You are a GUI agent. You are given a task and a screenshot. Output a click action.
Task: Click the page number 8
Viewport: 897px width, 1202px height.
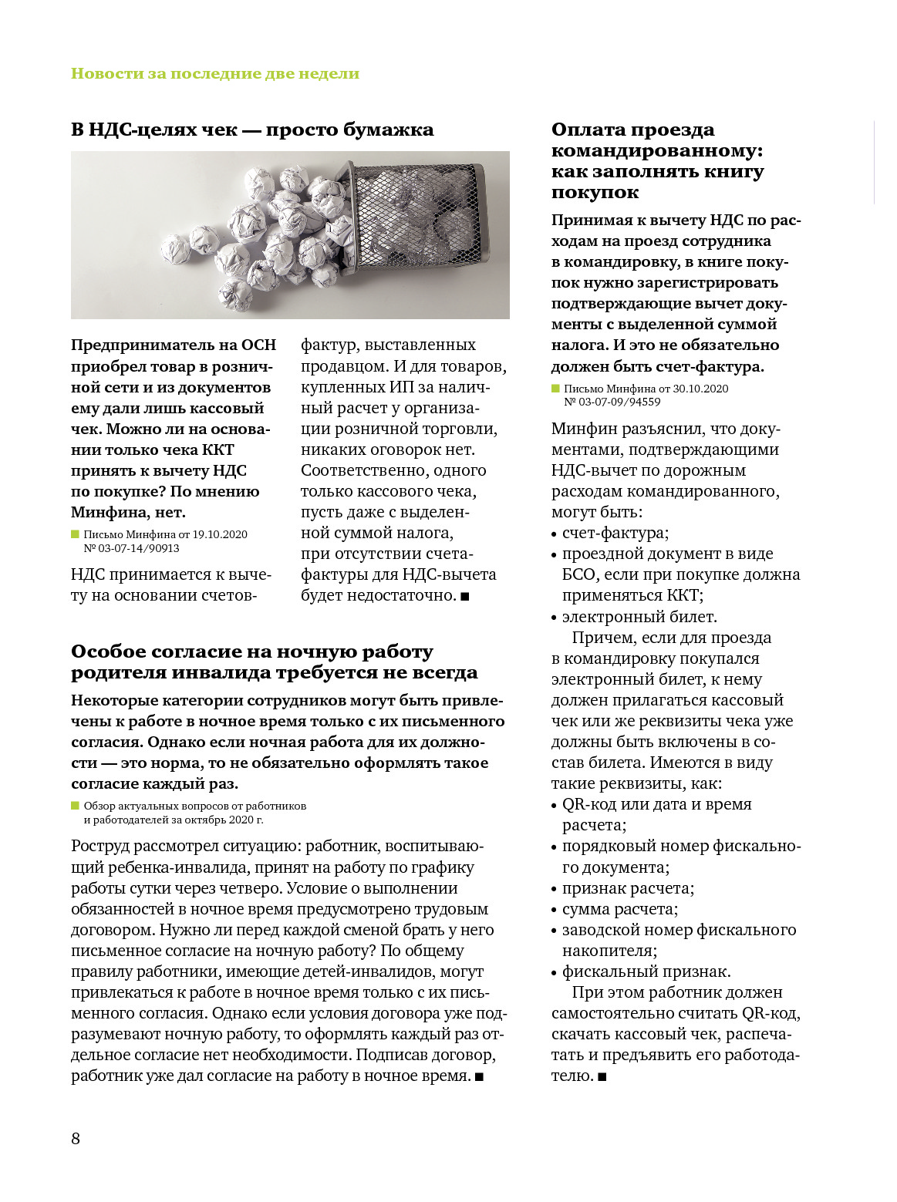[x=76, y=1139]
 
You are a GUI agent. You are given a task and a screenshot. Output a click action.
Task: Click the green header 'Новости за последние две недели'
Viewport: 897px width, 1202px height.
[x=215, y=74]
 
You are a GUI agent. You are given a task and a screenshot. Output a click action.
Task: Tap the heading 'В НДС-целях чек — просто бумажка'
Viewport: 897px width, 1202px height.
[x=252, y=130]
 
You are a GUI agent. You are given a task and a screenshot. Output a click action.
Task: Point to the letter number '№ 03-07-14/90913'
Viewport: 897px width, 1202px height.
[x=131, y=548]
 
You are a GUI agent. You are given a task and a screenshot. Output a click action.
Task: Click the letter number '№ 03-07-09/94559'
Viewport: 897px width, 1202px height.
[x=612, y=402]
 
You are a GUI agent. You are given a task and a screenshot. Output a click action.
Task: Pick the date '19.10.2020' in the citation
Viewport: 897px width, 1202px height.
[x=220, y=534]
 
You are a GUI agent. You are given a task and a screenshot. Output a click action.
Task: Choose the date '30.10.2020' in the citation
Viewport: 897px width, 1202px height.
[x=700, y=389]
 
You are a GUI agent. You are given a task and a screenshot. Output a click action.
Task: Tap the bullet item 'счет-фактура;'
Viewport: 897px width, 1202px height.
[x=615, y=533]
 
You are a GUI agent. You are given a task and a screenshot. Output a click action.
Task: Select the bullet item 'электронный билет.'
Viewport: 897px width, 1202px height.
[x=639, y=617]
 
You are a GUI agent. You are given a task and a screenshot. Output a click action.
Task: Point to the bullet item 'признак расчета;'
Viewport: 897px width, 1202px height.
[x=628, y=888]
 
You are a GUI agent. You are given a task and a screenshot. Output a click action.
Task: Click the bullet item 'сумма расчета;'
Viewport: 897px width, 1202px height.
[x=620, y=909]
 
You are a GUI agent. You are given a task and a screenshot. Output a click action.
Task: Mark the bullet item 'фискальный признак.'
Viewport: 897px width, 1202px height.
[x=646, y=971]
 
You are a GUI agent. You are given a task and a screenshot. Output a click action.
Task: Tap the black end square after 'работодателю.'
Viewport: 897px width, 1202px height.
[x=602, y=1076]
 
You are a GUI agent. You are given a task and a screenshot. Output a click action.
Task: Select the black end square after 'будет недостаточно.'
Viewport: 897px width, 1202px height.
[x=465, y=596]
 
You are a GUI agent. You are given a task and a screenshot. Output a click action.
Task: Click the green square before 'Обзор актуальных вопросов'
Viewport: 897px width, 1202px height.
[x=76, y=806]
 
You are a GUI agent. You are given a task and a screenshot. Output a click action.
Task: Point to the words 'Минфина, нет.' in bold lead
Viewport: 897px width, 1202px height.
[x=128, y=513]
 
